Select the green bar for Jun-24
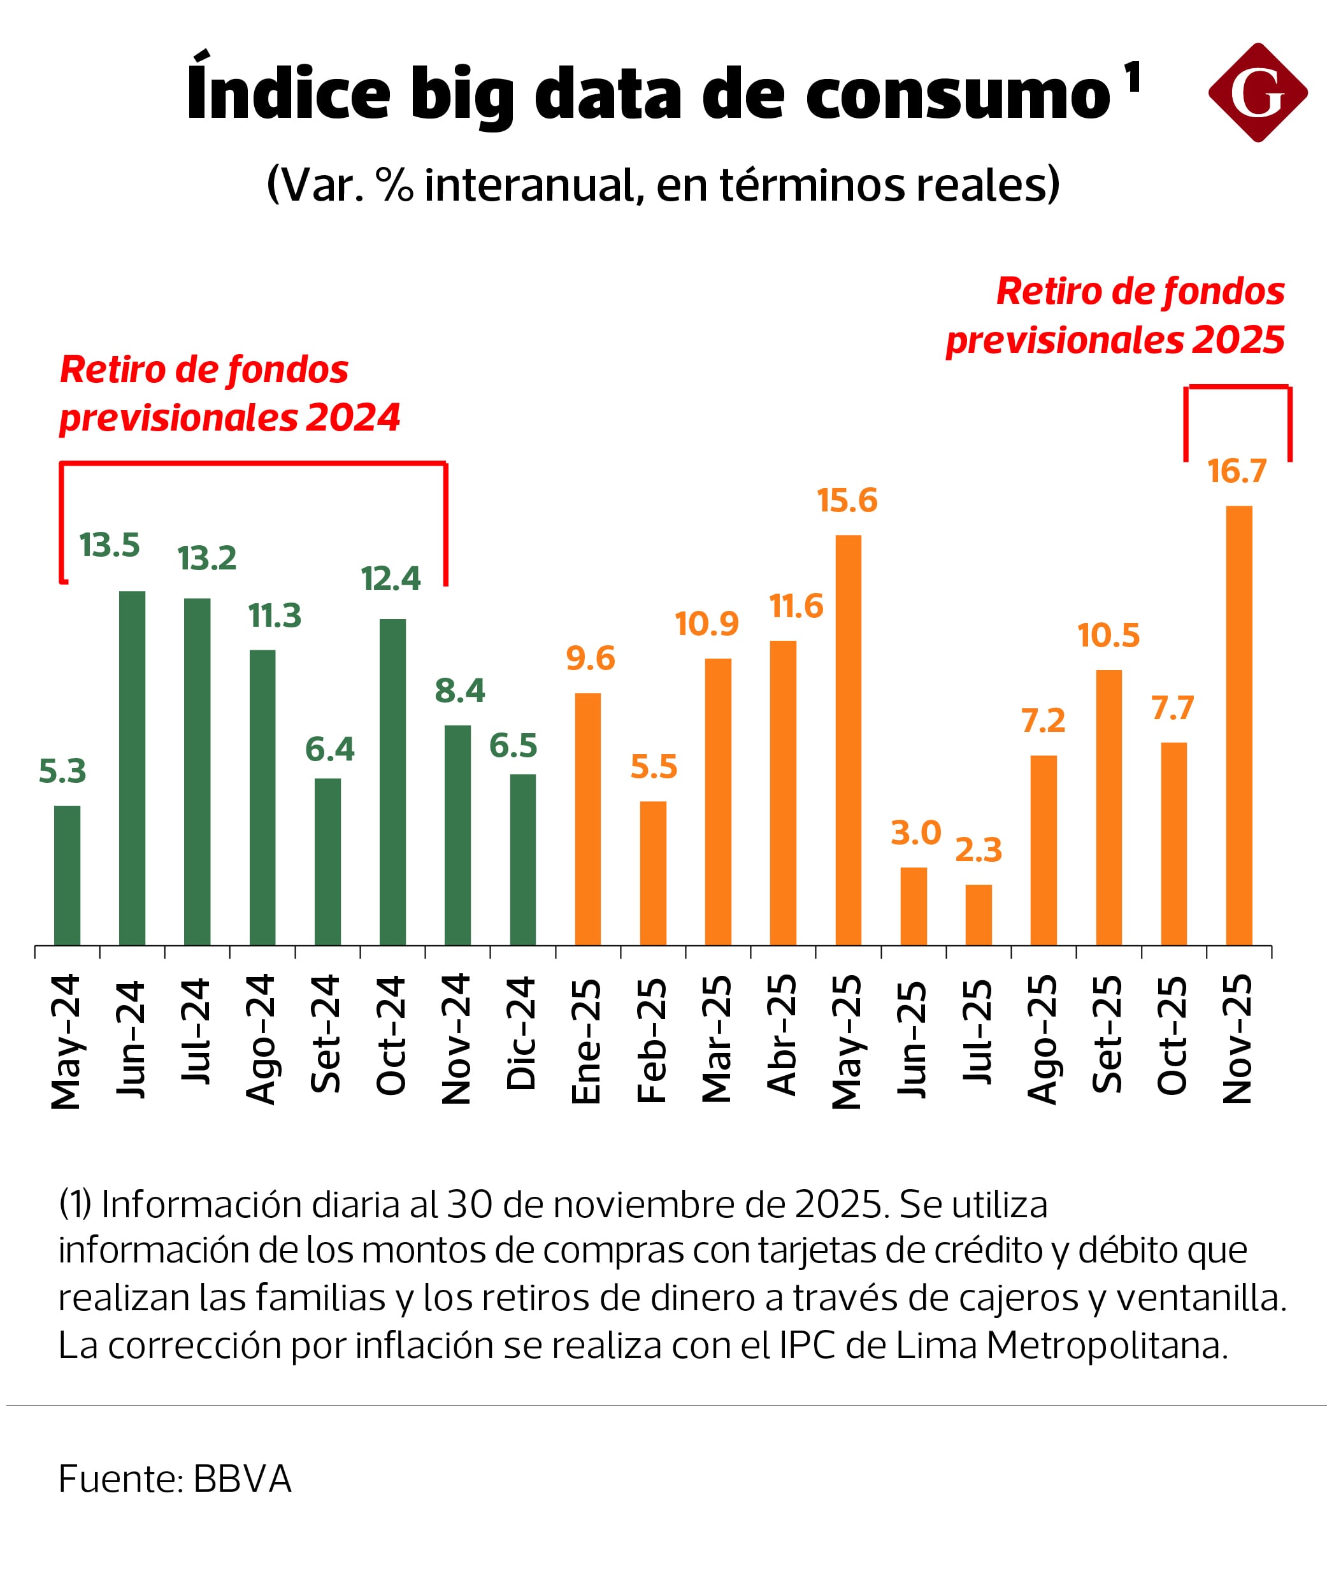[x=133, y=768]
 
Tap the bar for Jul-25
[x=979, y=915]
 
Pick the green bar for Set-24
[x=327, y=861]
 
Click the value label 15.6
[x=847, y=500]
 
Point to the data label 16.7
[x=1237, y=471]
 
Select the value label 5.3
[x=62, y=771]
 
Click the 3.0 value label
[x=915, y=832]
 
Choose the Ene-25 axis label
[x=587, y=1041]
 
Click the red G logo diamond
[x=1258, y=92]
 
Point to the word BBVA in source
[x=242, y=1479]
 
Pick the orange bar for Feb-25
[x=653, y=873]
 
